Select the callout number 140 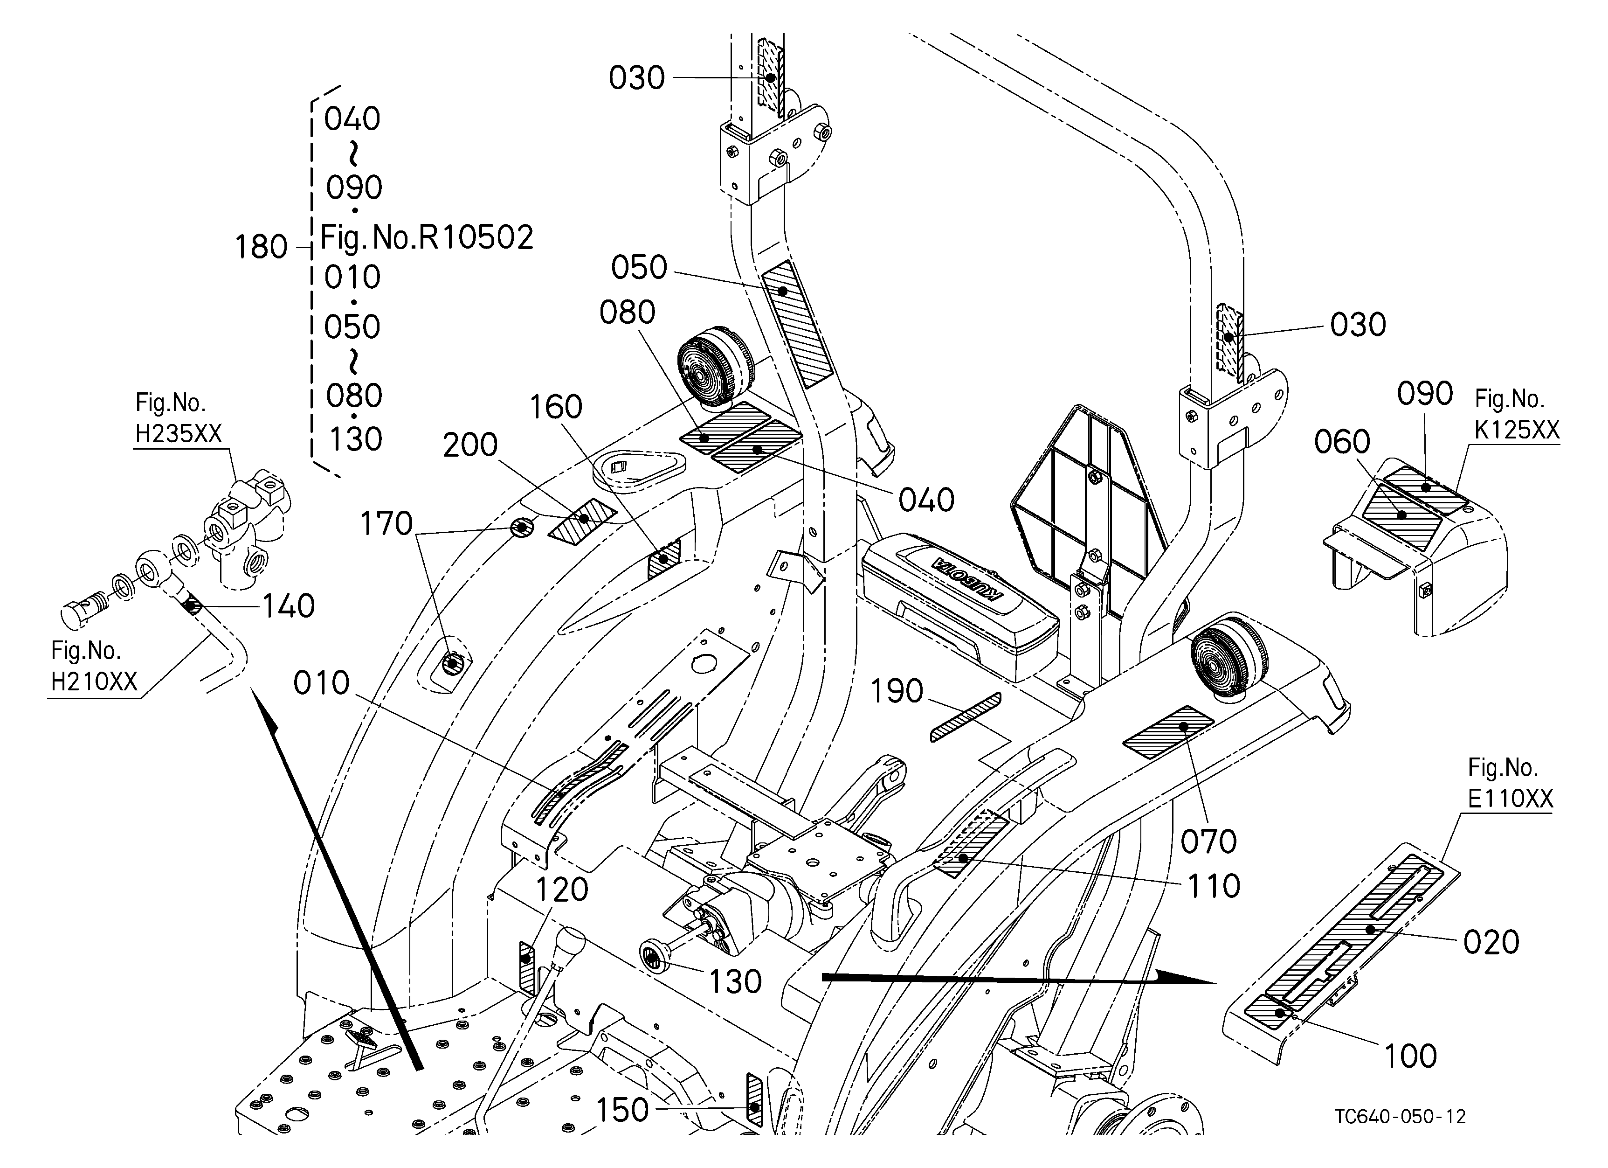tap(289, 606)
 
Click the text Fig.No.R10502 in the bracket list tap(427, 237)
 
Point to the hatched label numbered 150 tap(754, 1100)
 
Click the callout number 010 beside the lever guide tap(322, 684)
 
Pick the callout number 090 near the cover tap(1425, 394)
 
